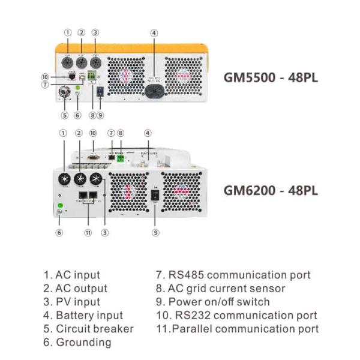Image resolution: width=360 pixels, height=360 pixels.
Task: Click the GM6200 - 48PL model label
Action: coord(270,190)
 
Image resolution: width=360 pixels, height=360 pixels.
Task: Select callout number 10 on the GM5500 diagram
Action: coord(44,77)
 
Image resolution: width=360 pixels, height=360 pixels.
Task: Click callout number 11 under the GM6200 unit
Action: coord(88,233)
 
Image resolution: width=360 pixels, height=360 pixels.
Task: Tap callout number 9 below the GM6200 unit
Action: coord(155,233)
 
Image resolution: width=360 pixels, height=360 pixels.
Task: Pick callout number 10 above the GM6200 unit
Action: coord(92,133)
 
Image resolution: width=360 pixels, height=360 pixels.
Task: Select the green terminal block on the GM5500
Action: coord(91,76)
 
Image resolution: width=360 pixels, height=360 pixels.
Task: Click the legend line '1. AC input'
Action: coord(71,275)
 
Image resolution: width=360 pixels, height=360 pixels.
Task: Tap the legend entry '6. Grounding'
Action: coord(77,342)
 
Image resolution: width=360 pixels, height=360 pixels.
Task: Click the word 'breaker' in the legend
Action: coord(118,329)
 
